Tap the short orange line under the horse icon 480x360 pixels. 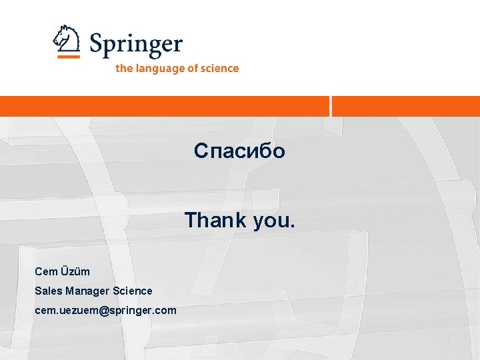[68, 57]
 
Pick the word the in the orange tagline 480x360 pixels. [123, 68]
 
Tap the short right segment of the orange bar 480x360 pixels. [406, 106]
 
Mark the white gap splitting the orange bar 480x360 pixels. [331, 106]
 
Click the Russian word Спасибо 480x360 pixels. [239, 151]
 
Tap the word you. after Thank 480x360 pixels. [273, 221]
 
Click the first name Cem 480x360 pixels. [46, 271]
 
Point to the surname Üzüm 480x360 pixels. [75, 271]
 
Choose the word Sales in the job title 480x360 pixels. [49, 291]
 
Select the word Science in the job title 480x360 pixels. [133, 291]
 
